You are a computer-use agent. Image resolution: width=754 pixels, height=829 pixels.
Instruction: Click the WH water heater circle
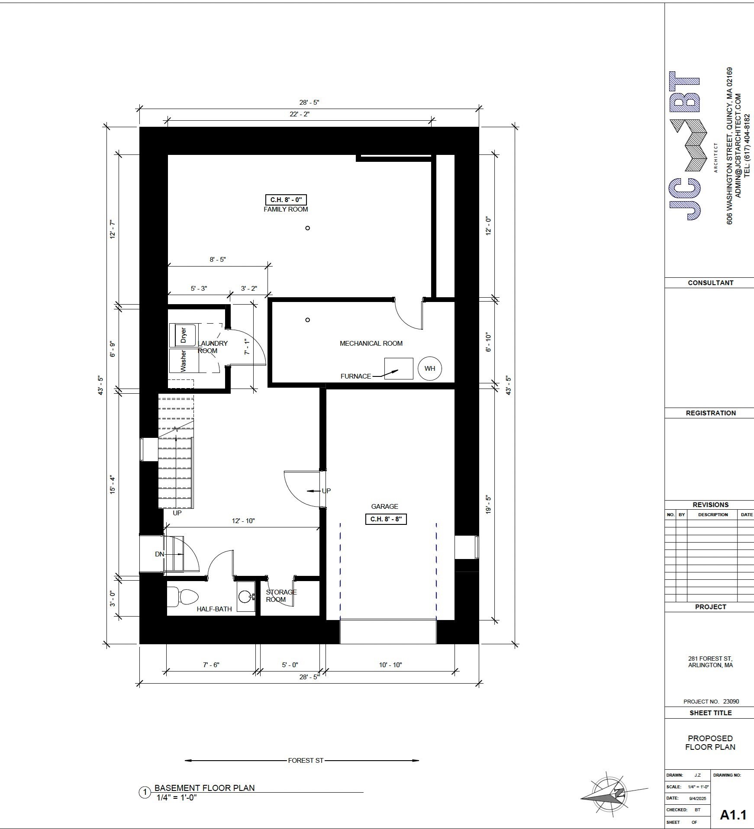click(429, 369)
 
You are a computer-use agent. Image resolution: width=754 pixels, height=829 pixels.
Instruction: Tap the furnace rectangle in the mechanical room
click(399, 369)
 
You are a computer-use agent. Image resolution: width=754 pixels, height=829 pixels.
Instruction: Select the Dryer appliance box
click(183, 335)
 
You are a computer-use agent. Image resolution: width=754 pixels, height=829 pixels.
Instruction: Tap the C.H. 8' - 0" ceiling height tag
click(286, 199)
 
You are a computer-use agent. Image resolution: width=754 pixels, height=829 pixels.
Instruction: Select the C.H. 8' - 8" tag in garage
click(386, 519)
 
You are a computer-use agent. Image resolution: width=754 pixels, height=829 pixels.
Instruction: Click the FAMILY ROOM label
click(286, 209)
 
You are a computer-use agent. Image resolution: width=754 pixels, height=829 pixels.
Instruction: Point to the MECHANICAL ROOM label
click(371, 344)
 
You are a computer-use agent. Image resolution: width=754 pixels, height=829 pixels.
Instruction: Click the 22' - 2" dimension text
click(300, 114)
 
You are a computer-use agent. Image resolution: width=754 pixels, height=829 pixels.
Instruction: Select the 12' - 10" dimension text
click(243, 521)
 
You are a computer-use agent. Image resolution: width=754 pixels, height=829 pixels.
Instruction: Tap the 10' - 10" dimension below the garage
click(390, 665)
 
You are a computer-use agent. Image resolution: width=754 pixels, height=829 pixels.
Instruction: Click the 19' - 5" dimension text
click(489, 504)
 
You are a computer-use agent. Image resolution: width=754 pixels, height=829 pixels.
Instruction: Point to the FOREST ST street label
click(306, 761)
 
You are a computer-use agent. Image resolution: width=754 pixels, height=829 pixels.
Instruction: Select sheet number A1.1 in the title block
click(733, 815)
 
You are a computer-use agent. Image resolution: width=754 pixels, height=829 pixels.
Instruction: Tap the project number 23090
click(731, 702)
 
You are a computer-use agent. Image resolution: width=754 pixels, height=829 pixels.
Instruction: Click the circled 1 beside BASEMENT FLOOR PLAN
click(145, 793)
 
